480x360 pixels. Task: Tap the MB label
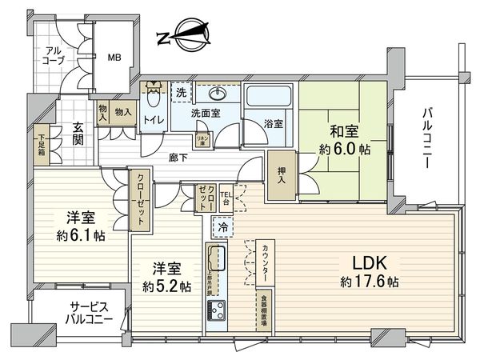[x=114, y=58]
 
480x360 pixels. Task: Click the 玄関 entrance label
[x=75, y=135]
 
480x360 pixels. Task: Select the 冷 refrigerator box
[x=221, y=226]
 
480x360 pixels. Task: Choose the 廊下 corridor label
[x=179, y=158]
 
